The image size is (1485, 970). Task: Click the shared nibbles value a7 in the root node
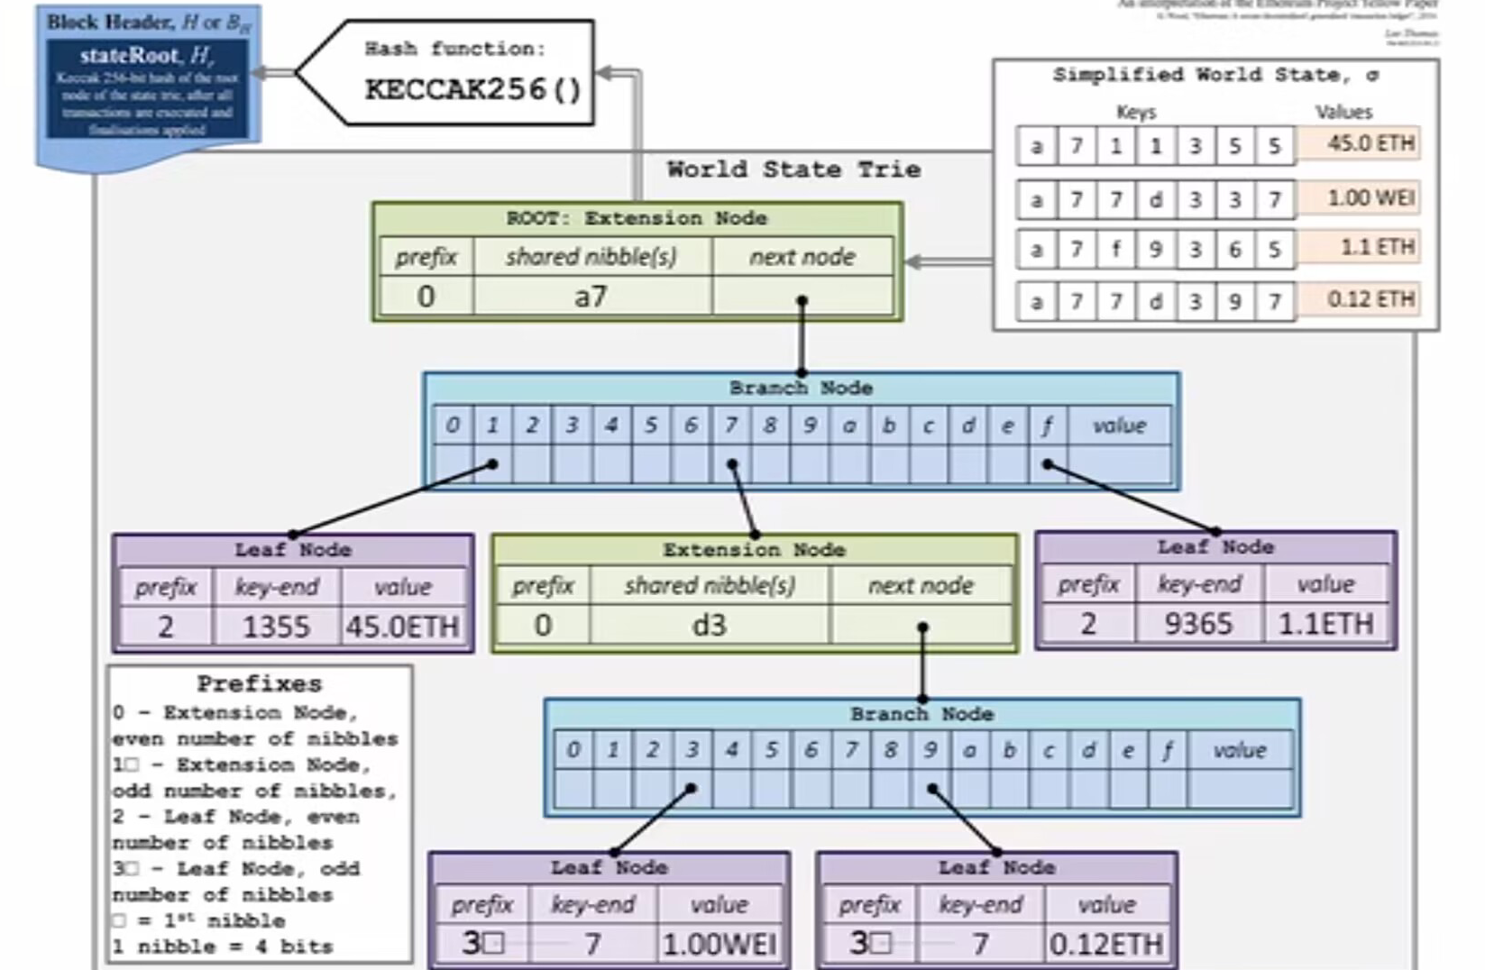[x=591, y=297]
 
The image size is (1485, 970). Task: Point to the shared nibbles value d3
[x=709, y=625]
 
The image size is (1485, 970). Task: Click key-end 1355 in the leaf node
[x=276, y=626]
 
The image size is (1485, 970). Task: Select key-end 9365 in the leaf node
[x=1197, y=623]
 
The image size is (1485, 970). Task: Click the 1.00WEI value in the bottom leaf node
[x=720, y=944]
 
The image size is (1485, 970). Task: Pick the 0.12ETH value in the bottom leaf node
[x=1106, y=944]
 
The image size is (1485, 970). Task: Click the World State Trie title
[x=793, y=169]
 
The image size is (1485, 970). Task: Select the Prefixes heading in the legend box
[x=259, y=683]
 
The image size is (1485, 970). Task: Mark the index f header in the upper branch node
[x=1047, y=426]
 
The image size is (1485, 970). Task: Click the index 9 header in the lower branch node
[x=930, y=750]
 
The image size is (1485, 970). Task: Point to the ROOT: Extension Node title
[x=637, y=218]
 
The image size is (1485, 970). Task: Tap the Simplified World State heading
[x=1215, y=76]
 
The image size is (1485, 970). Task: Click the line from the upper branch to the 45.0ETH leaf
[x=392, y=499]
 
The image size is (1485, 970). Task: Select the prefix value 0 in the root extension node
[x=426, y=297]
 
